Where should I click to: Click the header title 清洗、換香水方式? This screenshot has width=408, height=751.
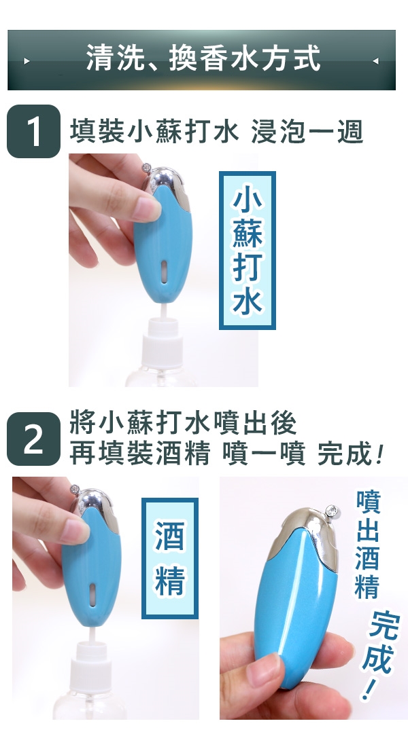coord(203,59)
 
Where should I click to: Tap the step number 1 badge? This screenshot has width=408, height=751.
coord(33,131)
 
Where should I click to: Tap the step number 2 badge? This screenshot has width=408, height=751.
coord(33,439)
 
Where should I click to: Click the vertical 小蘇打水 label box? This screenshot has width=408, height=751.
coord(248,251)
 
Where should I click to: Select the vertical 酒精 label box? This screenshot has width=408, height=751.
coord(170,558)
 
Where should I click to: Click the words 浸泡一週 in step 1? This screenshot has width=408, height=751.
coord(307,132)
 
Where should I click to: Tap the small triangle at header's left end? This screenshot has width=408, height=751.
coord(27,61)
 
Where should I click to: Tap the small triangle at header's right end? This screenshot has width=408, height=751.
coord(375,61)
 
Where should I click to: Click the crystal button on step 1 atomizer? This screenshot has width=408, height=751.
coord(147,167)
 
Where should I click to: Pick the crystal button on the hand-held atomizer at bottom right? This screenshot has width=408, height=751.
coord(332,511)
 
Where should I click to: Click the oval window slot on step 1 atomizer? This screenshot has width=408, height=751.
coord(164,272)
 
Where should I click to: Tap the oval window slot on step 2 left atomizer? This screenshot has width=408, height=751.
coord(92,595)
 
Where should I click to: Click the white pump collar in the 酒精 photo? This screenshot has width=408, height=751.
coord(91,660)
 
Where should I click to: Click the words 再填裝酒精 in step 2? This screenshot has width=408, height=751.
coord(140,453)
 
